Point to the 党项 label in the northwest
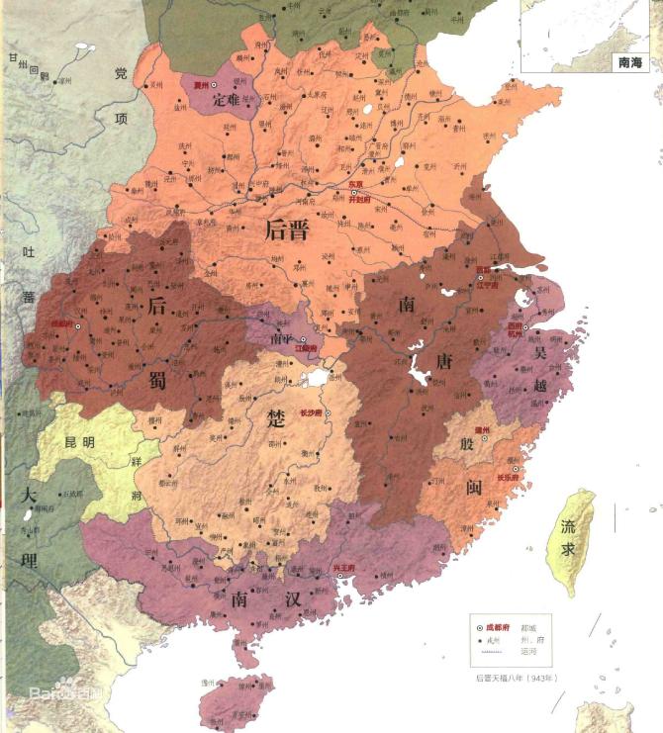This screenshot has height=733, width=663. click(120, 95)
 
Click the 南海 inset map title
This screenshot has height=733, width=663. click(629, 61)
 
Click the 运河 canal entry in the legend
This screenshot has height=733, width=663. click(544, 653)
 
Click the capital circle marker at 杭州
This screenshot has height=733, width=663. click(525, 326)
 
